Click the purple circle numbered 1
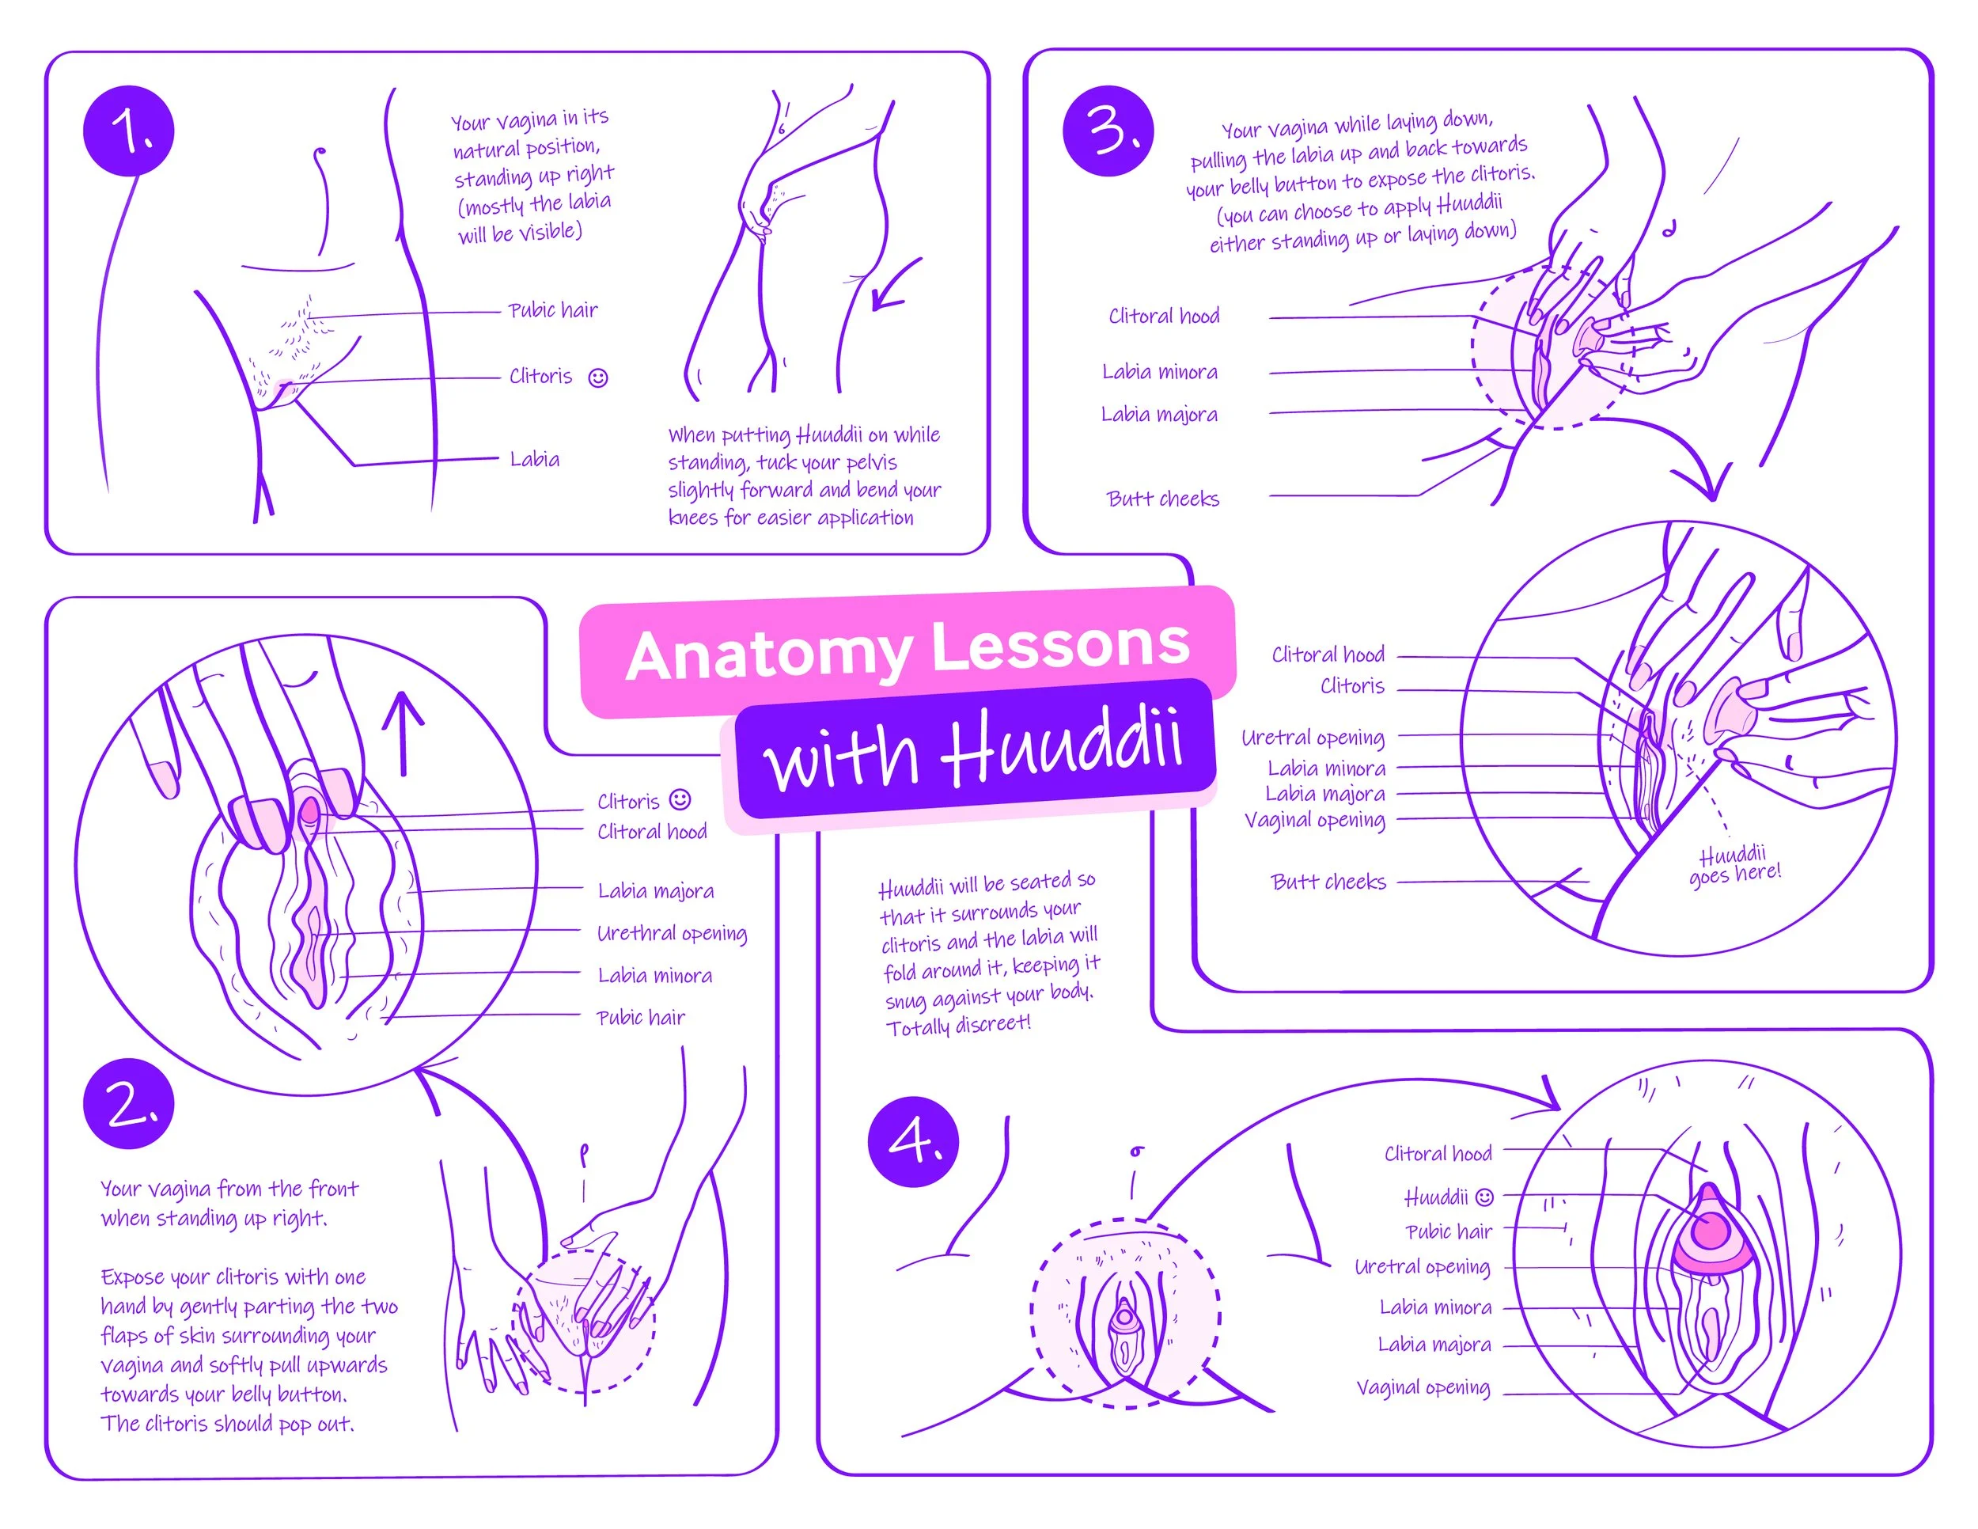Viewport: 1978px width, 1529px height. coord(129,132)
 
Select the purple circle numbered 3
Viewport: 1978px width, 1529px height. coord(1108,131)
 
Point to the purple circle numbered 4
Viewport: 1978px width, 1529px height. coord(913,1141)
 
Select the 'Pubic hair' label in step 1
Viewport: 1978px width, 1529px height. coord(552,309)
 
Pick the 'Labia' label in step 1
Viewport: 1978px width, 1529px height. coord(534,459)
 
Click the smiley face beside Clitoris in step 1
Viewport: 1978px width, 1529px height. coord(597,378)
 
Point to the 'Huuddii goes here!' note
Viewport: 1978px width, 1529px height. coord(1734,866)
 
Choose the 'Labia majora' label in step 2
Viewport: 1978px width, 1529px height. coord(656,891)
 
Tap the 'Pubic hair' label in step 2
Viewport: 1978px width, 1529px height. coord(640,1017)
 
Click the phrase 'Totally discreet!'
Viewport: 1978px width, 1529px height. coord(958,1026)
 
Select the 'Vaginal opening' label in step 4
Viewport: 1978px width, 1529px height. coord(1423,1387)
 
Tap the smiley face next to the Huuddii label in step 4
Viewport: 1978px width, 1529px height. coord(1484,1197)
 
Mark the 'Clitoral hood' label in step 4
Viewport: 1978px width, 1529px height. coord(1438,1154)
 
